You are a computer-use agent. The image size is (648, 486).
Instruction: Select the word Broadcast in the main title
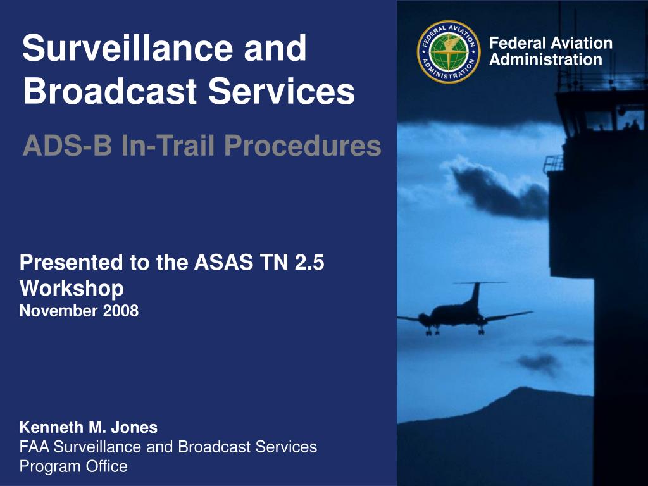click(x=109, y=91)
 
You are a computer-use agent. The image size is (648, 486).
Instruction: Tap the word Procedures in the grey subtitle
click(x=302, y=146)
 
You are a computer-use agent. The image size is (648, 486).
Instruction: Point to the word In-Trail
click(x=168, y=146)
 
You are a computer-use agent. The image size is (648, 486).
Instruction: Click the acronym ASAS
click(x=223, y=263)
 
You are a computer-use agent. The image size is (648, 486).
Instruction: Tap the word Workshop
click(x=72, y=289)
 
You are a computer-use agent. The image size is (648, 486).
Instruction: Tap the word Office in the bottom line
click(x=106, y=466)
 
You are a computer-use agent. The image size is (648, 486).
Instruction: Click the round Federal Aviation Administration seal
click(x=449, y=52)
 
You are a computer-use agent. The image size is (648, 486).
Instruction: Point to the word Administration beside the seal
click(x=545, y=60)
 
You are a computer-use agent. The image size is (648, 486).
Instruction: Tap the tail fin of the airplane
click(x=476, y=294)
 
